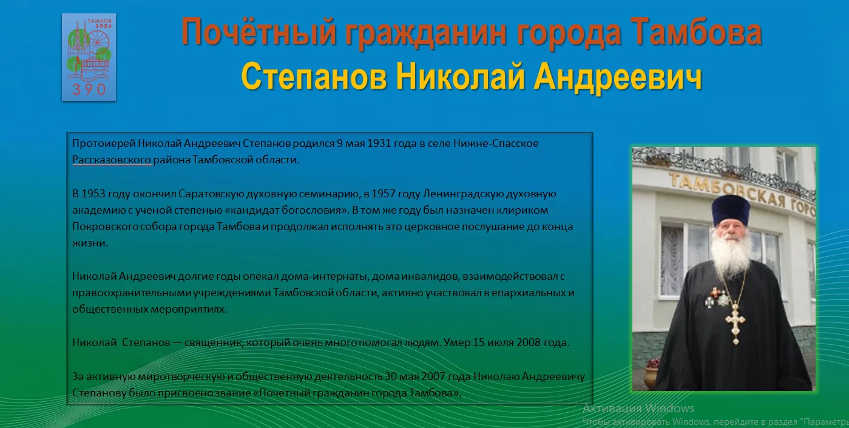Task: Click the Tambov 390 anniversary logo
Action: click(x=89, y=57)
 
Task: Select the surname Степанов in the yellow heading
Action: click(x=314, y=77)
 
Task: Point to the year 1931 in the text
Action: click(x=379, y=143)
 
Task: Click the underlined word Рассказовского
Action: click(x=112, y=160)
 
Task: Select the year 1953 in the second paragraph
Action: click(x=93, y=194)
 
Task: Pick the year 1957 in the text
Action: click(x=383, y=194)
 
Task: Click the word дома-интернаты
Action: click(x=325, y=276)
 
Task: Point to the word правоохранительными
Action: click(x=132, y=293)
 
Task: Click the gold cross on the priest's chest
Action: click(x=736, y=323)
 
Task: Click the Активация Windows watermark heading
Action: click(x=638, y=409)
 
